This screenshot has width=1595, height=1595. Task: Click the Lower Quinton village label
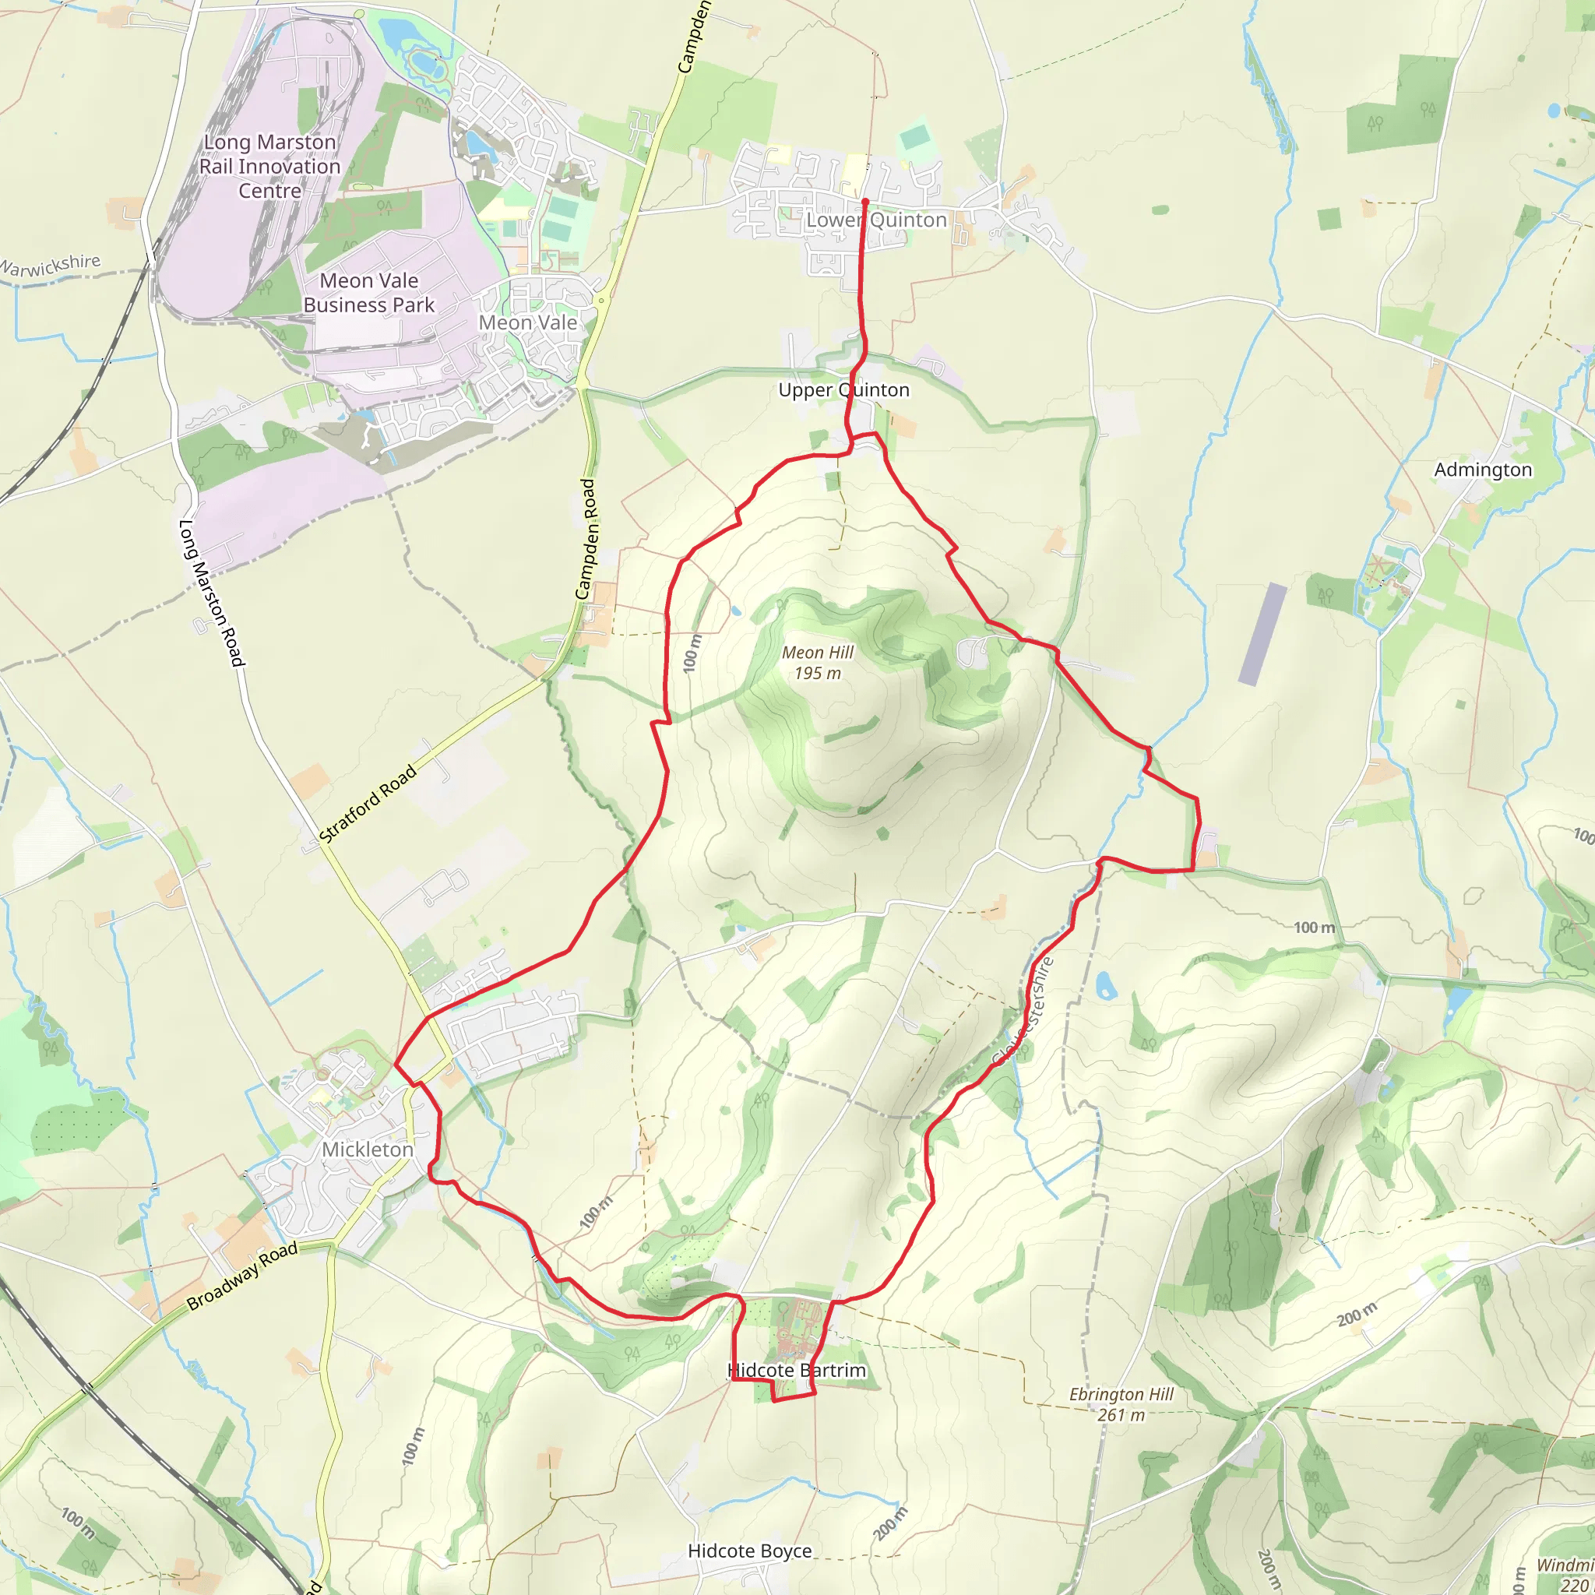(x=876, y=220)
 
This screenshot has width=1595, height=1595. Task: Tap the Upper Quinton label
(x=843, y=390)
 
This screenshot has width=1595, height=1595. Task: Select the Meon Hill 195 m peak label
(x=817, y=663)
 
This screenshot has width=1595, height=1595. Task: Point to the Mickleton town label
(x=368, y=1150)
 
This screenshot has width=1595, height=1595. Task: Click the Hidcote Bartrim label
(x=797, y=1371)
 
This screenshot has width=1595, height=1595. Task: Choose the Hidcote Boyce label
(x=750, y=1551)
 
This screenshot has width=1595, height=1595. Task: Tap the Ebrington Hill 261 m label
(x=1121, y=1404)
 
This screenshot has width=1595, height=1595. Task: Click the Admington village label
(x=1483, y=470)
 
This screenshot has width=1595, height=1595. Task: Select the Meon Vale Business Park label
(x=369, y=293)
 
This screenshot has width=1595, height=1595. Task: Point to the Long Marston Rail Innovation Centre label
(x=270, y=167)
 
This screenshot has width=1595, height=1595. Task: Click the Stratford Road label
(x=368, y=804)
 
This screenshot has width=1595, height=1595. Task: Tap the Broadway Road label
(x=242, y=1276)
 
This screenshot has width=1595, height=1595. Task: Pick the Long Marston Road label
(x=211, y=593)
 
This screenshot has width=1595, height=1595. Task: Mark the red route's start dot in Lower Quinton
(x=865, y=202)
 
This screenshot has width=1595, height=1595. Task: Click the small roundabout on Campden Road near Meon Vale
(x=601, y=300)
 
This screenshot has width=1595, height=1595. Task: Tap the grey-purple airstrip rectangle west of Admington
(x=1262, y=634)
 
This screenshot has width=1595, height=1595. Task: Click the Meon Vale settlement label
(x=528, y=322)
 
